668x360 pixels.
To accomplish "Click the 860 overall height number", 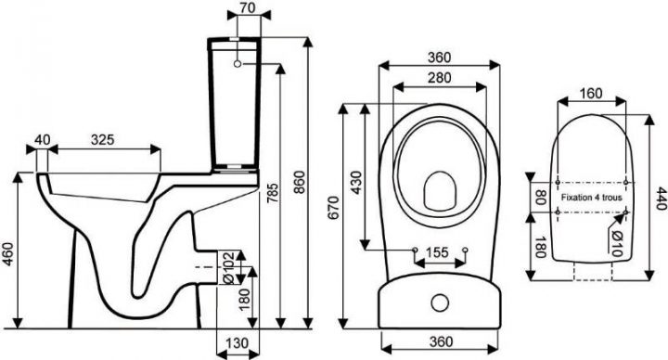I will pos(299,186).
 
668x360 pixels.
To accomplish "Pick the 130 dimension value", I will pos(237,345).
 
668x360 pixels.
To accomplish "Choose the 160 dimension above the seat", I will pos(592,93).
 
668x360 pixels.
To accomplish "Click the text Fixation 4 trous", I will pos(594,198).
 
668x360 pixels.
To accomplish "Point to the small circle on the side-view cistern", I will pos(239,65).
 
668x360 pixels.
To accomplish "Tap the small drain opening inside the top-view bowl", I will pos(439,191).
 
